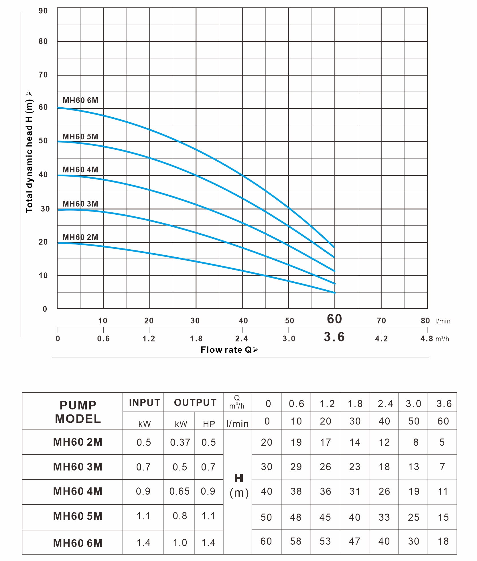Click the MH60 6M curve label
(80, 100)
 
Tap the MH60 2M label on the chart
(80, 237)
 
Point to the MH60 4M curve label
(80, 170)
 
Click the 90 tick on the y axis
(43, 11)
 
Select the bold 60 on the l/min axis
(334, 319)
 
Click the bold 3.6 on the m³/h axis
(334, 337)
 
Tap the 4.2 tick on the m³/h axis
(381, 339)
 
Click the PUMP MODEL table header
(78, 412)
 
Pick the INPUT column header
(144, 403)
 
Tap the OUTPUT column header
(195, 403)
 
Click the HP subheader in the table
(209, 424)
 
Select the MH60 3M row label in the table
(78, 467)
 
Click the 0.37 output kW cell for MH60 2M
(180, 443)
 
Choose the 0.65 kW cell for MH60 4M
(180, 491)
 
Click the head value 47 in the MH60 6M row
(354, 541)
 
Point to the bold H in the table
(239, 478)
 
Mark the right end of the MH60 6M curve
(334, 247)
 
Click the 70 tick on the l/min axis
(381, 321)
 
